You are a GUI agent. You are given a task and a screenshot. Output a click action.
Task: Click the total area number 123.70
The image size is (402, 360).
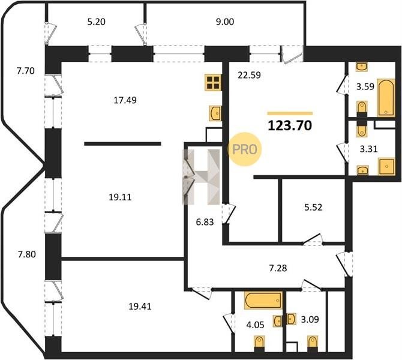coord(290,125)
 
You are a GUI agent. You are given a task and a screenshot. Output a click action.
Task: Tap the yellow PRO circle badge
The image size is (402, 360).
coord(244,149)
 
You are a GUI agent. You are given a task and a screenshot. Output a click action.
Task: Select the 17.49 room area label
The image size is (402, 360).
coord(125,100)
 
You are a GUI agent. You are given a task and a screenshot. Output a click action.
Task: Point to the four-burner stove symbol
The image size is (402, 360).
coord(213,82)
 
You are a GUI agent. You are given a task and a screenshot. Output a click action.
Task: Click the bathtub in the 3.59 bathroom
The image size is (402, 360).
coord(386,98)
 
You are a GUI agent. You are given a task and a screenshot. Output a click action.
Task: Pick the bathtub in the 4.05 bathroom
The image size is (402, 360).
coord(263,300)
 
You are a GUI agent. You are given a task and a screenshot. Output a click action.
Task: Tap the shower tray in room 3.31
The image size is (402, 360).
coord(386,166)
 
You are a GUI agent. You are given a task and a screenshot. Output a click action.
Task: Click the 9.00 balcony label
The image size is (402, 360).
coord(225,22)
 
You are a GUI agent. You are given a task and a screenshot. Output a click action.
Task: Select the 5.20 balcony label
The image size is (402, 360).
coord(97,22)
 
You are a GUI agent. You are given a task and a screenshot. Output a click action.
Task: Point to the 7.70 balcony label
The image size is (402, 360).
coord(26,71)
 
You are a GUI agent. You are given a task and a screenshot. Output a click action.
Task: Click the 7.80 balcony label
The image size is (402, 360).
coord(26,254)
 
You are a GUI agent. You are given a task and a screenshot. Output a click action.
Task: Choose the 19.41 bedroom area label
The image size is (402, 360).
coord(140,306)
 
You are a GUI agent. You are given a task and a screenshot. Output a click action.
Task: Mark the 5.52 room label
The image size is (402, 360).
coord(313,207)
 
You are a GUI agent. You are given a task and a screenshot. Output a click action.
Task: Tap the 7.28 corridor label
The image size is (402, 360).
coord(278,268)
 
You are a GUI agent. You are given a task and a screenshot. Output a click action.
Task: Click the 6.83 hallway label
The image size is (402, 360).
coord(205,222)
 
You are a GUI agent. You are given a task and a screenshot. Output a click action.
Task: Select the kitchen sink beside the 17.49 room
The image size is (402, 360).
coord(215,113)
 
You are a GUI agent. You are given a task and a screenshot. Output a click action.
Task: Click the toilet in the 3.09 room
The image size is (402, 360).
coord(313,344)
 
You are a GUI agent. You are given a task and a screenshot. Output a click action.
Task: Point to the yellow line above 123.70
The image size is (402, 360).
coord(290,113)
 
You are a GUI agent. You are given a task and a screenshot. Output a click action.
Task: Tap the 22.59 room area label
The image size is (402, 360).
coord(249,75)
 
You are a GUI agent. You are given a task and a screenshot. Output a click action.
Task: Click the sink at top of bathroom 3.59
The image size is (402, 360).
coord(361,67)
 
